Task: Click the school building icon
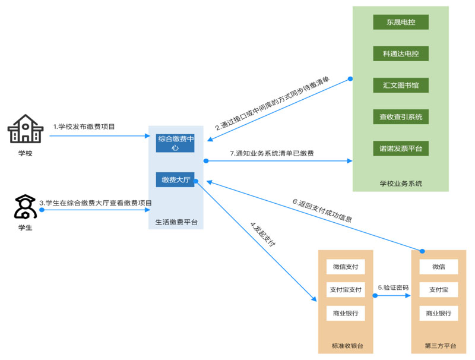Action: coord(25,129)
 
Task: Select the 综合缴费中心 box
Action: coord(176,143)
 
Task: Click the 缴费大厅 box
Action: coord(176,179)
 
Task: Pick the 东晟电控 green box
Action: coord(401,22)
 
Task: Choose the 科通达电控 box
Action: coord(401,53)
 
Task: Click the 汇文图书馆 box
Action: coord(401,85)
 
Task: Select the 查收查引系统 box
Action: coord(401,116)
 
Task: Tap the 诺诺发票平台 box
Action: coord(401,147)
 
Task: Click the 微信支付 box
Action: coord(346,267)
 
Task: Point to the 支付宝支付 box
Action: coord(346,290)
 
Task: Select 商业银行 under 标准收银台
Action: coord(346,313)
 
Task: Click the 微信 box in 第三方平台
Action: coord(439,267)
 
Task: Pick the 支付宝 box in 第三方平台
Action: coord(439,290)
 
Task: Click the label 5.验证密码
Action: coord(393,288)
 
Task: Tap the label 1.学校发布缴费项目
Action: coord(84,127)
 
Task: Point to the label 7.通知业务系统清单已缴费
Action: coord(274,153)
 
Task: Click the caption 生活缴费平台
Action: coord(176,223)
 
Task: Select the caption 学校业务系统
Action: coord(401,183)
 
